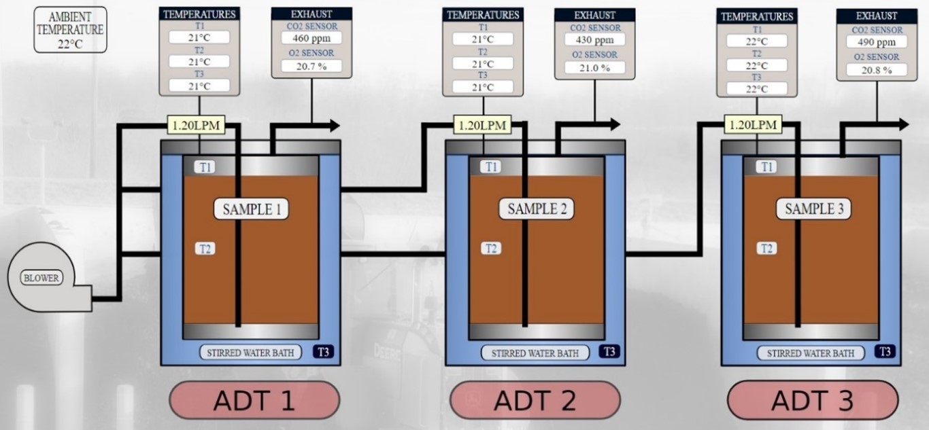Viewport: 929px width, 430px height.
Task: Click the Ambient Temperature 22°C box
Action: point(71,30)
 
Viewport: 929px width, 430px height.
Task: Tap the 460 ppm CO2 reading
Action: point(310,38)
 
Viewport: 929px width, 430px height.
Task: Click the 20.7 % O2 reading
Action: point(310,66)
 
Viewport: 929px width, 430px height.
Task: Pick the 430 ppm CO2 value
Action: point(594,40)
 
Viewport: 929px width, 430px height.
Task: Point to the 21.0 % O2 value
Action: point(594,68)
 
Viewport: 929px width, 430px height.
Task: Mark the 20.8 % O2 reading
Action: point(876,70)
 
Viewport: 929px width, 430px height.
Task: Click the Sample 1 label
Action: point(252,209)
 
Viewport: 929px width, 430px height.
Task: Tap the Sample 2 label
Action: point(537,209)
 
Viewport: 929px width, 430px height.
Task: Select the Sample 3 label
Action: point(813,209)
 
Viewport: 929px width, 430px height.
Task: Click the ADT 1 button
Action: point(254,400)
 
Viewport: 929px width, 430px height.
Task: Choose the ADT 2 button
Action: point(535,400)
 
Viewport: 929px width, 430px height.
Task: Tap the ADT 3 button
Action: point(812,400)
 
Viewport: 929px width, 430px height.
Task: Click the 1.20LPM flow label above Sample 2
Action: point(482,125)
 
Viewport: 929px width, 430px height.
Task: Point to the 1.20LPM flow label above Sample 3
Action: point(753,125)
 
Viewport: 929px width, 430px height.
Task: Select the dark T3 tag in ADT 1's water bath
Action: point(324,353)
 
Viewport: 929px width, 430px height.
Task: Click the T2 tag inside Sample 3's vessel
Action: point(766,249)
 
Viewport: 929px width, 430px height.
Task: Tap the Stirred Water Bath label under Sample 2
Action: point(535,353)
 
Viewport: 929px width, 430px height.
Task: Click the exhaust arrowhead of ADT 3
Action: point(902,124)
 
